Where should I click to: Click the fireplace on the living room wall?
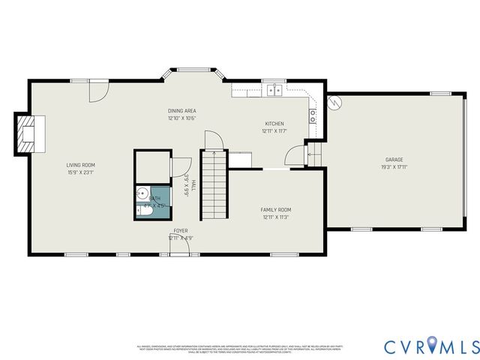tap(30, 133)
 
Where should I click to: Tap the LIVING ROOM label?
tap(80, 165)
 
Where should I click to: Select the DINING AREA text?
tap(181, 111)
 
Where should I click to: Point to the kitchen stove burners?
tap(313, 115)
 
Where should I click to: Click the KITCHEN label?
tap(274, 124)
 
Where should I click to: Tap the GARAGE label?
tap(395, 160)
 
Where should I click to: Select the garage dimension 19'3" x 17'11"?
tap(395, 167)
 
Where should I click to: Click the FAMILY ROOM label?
tap(275, 210)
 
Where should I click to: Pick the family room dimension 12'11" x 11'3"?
tap(275, 217)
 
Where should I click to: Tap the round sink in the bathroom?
tap(142, 193)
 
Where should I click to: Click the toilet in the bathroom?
tap(145, 213)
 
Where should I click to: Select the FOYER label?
tap(181, 231)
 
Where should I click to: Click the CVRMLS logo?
tap(431, 346)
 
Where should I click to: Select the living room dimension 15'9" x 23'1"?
tap(80, 172)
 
